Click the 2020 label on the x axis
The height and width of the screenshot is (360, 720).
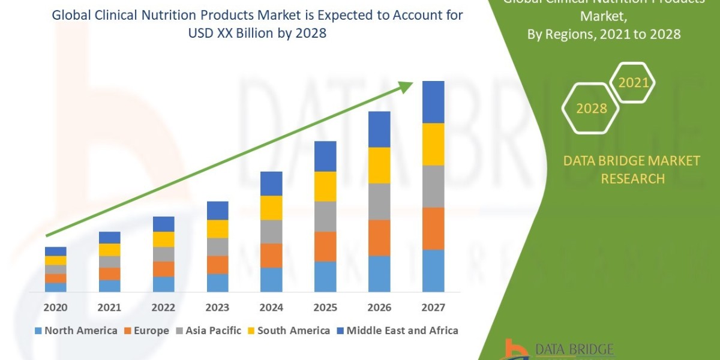click(x=56, y=308)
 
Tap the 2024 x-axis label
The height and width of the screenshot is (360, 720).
click(x=271, y=308)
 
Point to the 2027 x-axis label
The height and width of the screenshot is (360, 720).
click(x=433, y=308)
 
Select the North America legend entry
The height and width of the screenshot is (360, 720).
click(x=76, y=331)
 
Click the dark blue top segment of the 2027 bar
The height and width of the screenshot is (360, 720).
click(x=433, y=102)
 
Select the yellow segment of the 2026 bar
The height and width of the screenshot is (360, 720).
click(x=379, y=165)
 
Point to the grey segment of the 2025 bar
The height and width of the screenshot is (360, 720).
click(x=325, y=216)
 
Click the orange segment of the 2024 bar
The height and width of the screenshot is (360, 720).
click(x=271, y=255)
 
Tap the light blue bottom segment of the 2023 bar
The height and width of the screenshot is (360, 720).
click(x=217, y=283)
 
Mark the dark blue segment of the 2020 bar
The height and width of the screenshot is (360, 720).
click(x=56, y=251)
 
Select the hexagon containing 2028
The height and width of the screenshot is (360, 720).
click(x=591, y=109)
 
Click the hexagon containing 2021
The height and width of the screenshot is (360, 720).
click(x=633, y=83)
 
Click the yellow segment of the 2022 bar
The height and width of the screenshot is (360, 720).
click(x=163, y=239)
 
